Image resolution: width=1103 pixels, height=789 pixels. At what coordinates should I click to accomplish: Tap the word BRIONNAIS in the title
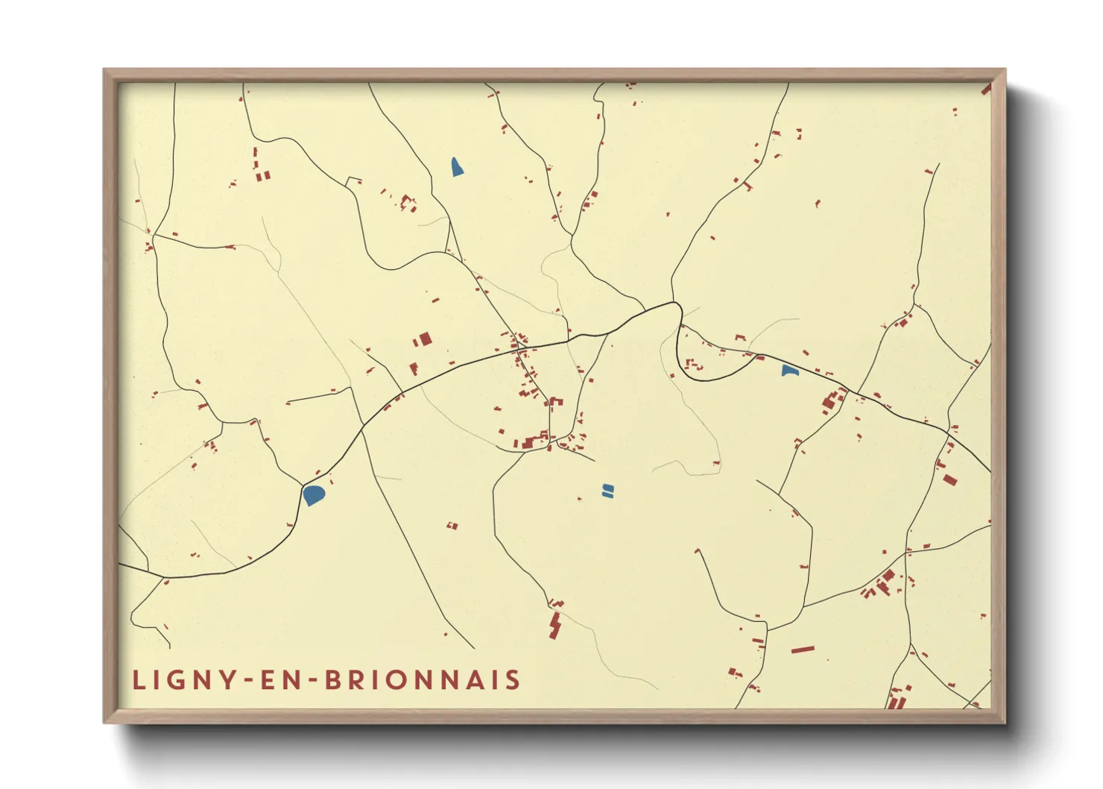tap(423, 680)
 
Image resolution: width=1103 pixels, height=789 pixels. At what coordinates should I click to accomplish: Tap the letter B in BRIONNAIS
tap(334, 680)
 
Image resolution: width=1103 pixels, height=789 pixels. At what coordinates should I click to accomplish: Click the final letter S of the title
tap(513, 680)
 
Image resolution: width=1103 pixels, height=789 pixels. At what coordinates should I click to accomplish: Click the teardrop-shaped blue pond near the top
tap(457, 167)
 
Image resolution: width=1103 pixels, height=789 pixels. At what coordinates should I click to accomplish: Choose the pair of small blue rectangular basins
tap(607, 490)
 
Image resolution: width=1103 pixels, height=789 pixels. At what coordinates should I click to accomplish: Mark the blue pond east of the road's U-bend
tap(789, 371)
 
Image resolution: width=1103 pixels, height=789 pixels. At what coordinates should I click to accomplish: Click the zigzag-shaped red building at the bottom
tap(555, 625)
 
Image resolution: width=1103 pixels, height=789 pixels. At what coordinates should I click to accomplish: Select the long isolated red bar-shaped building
tap(802, 650)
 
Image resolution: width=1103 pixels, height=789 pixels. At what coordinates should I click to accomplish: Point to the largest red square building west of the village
tap(425, 339)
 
